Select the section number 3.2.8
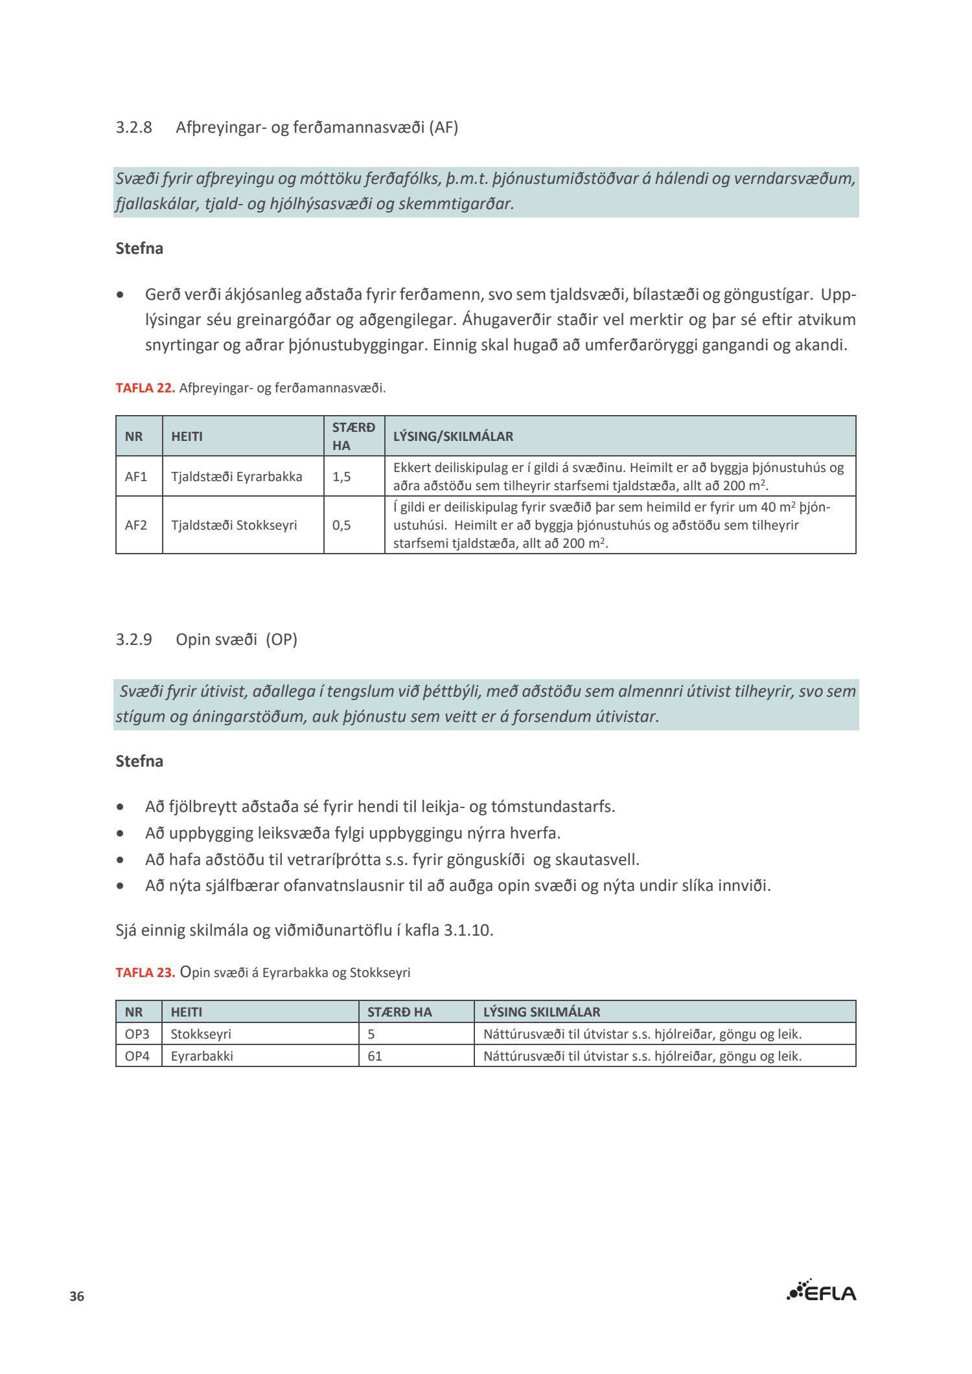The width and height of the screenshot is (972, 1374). [x=134, y=128]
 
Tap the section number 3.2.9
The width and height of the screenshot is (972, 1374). [x=134, y=640]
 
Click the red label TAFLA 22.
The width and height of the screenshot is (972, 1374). [x=145, y=389]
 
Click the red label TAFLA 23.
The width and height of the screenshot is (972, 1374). [x=145, y=973]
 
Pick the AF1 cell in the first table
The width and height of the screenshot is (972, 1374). [x=136, y=477]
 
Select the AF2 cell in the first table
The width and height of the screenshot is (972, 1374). [x=136, y=525]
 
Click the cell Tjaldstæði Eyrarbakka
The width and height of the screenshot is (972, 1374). [x=237, y=477]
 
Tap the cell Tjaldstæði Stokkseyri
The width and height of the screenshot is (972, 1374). [x=234, y=525]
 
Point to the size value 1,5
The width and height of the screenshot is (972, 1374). [x=341, y=477]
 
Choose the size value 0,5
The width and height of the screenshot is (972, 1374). [x=341, y=525]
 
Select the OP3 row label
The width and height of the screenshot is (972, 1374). [x=137, y=1034]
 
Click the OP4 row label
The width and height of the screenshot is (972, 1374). [x=137, y=1056]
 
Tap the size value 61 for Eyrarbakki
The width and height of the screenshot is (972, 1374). [x=375, y=1056]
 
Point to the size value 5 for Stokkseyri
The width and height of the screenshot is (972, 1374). [x=371, y=1034]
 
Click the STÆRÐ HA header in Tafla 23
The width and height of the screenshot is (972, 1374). [x=399, y=1012]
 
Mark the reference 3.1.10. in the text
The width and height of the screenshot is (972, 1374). [x=468, y=930]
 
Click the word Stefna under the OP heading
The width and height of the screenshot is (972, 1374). [x=139, y=761]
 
